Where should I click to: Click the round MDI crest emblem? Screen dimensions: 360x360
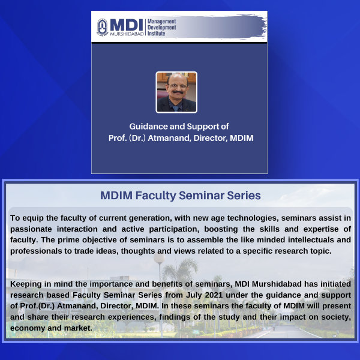[x=103, y=28]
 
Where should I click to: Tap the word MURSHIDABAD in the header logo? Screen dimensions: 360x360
[x=127, y=34]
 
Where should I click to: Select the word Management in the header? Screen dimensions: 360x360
[x=161, y=22]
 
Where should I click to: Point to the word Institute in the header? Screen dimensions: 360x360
[x=157, y=34]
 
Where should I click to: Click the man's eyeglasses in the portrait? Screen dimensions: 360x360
[x=177, y=86]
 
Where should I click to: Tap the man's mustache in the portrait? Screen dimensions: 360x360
[x=177, y=92]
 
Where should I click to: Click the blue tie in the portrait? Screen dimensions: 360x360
[x=176, y=108]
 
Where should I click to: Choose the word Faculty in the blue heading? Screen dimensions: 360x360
[x=155, y=196]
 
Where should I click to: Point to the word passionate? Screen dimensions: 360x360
[x=31, y=229]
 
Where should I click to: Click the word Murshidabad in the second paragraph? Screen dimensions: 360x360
[x=277, y=284]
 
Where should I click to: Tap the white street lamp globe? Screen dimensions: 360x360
[x=159, y=258]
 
